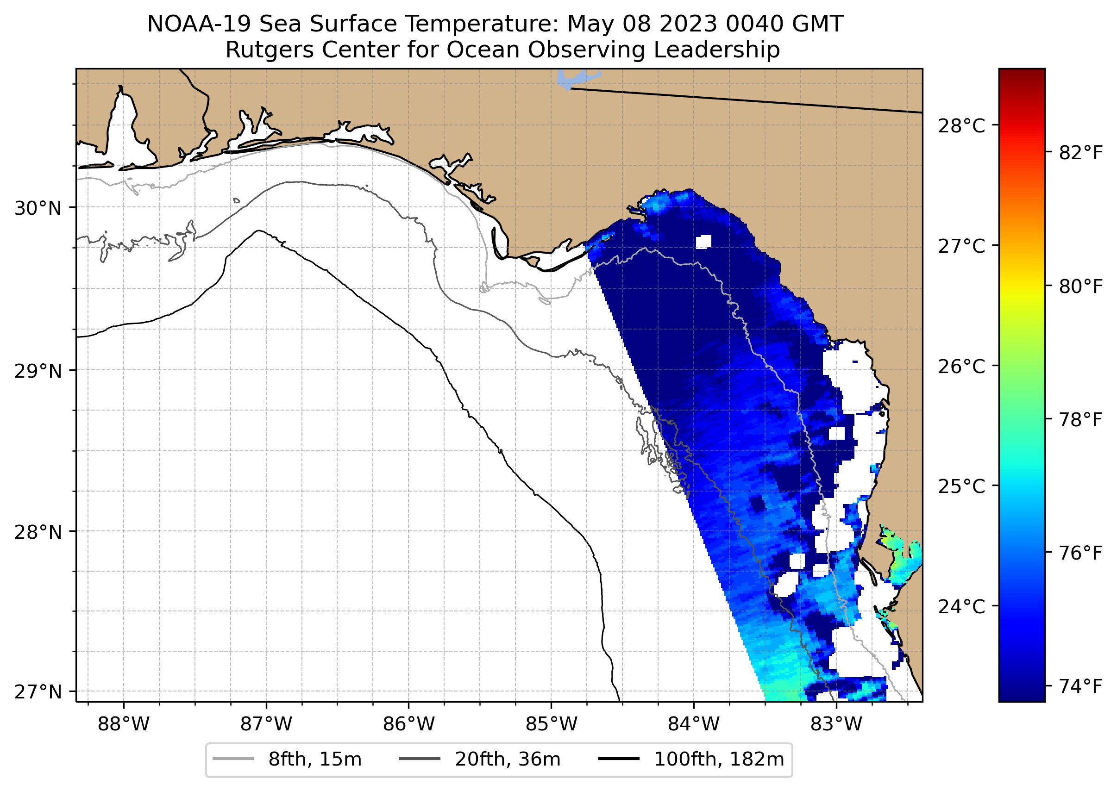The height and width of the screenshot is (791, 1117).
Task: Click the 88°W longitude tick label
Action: click(123, 724)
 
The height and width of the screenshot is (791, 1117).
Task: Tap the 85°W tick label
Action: click(551, 724)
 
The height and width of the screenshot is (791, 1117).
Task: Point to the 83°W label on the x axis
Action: click(836, 724)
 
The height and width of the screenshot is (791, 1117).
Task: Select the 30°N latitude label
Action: click(38, 208)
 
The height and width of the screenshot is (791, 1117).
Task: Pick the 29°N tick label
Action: click(38, 372)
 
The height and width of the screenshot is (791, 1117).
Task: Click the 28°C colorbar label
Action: click(961, 126)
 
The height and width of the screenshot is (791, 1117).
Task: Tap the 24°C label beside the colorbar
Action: click(961, 607)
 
